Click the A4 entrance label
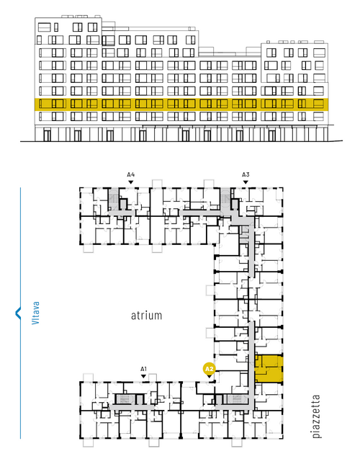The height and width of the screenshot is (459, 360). coord(131,175)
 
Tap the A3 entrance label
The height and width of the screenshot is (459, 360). coord(246,175)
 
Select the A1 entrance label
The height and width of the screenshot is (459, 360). coord(143,369)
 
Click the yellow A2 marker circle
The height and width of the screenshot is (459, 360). coord(210,369)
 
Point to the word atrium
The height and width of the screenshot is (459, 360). coord(146,316)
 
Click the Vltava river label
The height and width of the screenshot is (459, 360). coord(35,313)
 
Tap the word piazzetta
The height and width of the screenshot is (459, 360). coord(316,416)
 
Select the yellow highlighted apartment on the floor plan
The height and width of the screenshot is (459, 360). coord(269,369)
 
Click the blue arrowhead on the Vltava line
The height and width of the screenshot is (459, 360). coord(18,313)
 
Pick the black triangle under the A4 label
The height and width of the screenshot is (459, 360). coord(131,182)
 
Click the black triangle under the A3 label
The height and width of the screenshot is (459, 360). coord(246,182)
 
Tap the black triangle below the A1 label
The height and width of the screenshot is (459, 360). coord(143,376)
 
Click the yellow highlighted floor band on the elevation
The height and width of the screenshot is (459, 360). coord(181,104)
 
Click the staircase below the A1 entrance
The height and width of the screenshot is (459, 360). coord(125,399)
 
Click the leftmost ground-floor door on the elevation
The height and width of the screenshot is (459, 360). coord(47,135)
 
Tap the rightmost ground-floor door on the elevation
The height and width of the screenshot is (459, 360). coord(272,135)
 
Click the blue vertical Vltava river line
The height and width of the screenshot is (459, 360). coord(20,313)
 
